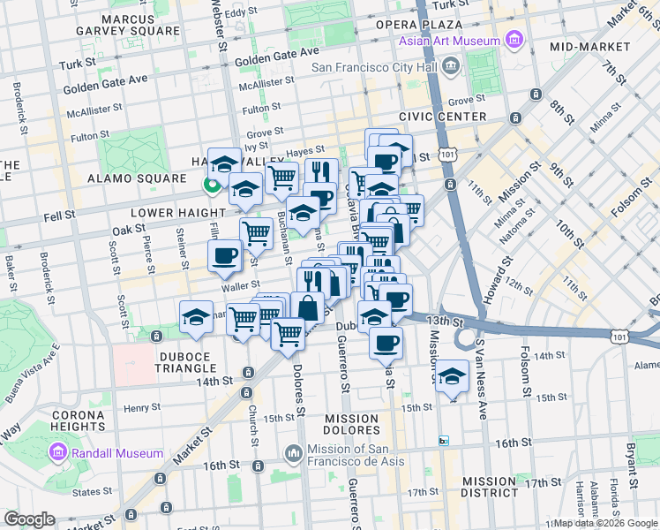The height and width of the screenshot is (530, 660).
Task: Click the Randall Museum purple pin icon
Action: click(60, 453)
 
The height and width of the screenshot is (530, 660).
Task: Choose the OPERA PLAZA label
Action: click(419, 24)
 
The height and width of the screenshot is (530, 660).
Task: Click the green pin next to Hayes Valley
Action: click(212, 185)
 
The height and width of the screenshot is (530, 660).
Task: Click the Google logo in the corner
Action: click(30, 519)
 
